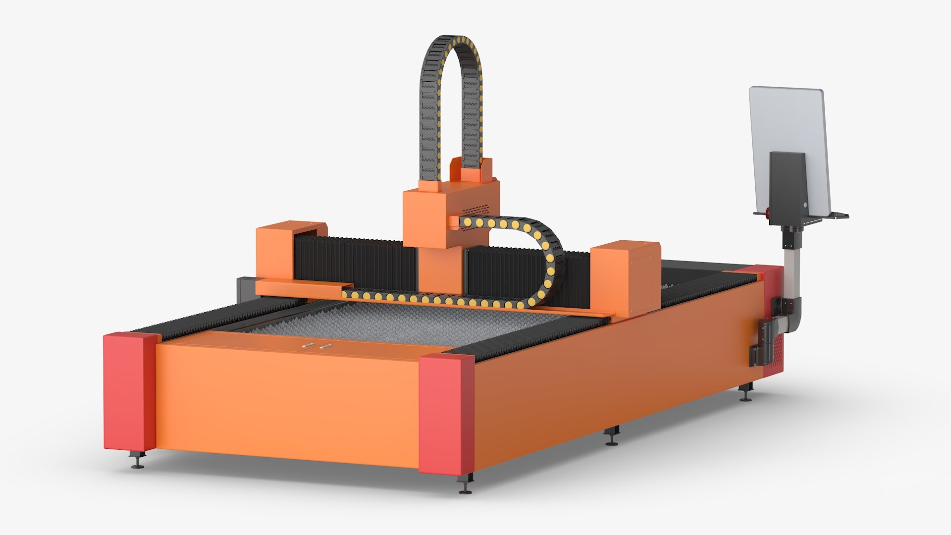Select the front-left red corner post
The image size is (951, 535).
click(x=130, y=391)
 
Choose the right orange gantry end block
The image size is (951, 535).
click(x=625, y=277)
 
